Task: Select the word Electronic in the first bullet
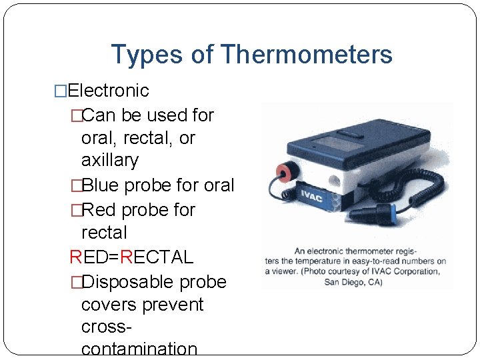[x=108, y=90]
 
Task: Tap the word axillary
[x=109, y=161]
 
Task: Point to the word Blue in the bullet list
[x=105, y=185]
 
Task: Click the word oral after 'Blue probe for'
[x=219, y=185]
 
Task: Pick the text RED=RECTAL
[x=131, y=257]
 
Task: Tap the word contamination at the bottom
[x=139, y=349]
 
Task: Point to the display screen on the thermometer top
[x=331, y=142]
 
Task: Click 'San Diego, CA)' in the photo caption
[x=353, y=281]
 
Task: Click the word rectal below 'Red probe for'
[x=103, y=233]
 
